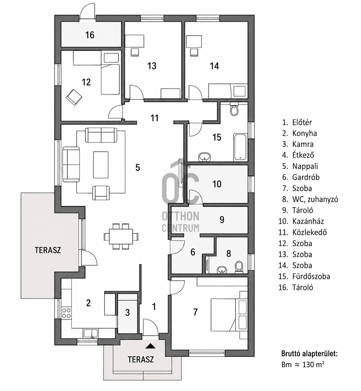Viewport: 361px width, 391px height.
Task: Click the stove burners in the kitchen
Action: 66,313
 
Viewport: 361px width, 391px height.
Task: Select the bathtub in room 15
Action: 240,147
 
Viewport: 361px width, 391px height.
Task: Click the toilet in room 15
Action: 234,109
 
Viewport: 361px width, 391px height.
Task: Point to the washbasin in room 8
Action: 222,270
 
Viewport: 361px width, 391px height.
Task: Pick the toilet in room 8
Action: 239,267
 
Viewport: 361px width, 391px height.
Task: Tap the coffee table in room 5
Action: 101,165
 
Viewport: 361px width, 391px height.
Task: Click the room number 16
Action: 90,35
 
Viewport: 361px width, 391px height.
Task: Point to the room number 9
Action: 222,220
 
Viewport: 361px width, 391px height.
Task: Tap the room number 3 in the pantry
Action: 128,313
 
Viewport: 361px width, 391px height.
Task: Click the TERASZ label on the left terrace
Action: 48,250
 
